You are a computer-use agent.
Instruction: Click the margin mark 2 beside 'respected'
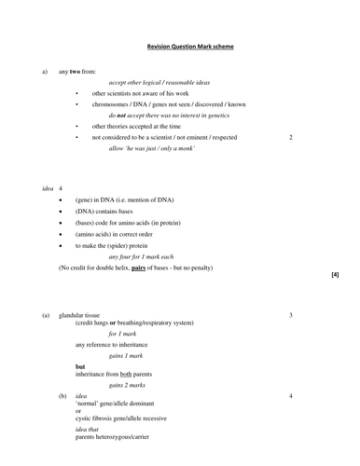tap(291, 136)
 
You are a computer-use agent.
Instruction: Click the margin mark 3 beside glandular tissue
tap(291, 315)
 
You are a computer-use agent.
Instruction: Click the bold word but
tap(80, 366)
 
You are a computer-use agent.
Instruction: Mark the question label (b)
tap(62, 396)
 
